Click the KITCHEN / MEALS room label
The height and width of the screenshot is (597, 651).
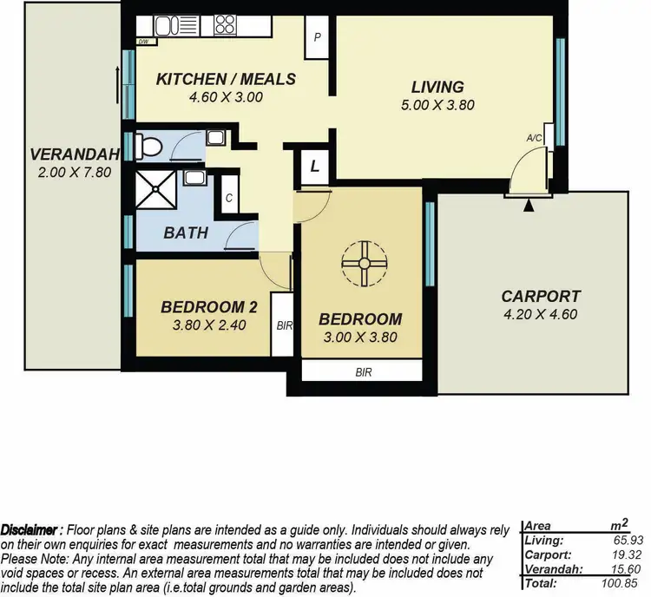pyautogui.click(x=226, y=79)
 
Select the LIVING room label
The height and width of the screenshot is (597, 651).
pyautogui.click(x=437, y=87)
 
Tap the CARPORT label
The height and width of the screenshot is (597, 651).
pyautogui.click(x=541, y=296)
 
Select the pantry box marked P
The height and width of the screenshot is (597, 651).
pyautogui.click(x=319, y=38)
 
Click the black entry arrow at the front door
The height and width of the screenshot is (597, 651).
pyautogui.click(x=529, y=205)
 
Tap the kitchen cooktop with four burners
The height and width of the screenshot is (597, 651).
pyautogui.click(x=226, y=23)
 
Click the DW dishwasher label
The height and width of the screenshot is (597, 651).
pyautogui.click(x=141, y=41)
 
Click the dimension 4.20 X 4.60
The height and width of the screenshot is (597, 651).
pyautogui.click(x=541, y=314)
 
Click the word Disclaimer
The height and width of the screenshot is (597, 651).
pyautogui.click(x=30, y=529)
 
